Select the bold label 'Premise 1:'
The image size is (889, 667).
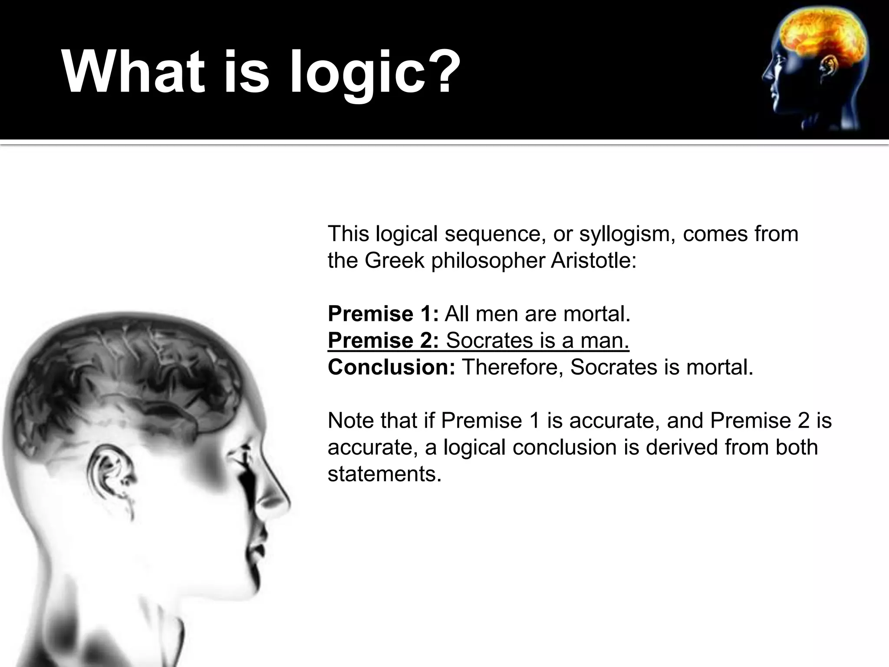[x=383, y=314]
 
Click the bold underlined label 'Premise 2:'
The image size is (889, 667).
[x=383, y=340]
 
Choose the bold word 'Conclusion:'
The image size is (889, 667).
[x=391, y=367]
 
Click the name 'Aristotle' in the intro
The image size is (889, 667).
[x=593, y=261]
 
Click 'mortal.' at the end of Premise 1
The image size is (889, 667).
[x=596, y=314]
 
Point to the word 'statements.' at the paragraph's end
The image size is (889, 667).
[x=384, y=474]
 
